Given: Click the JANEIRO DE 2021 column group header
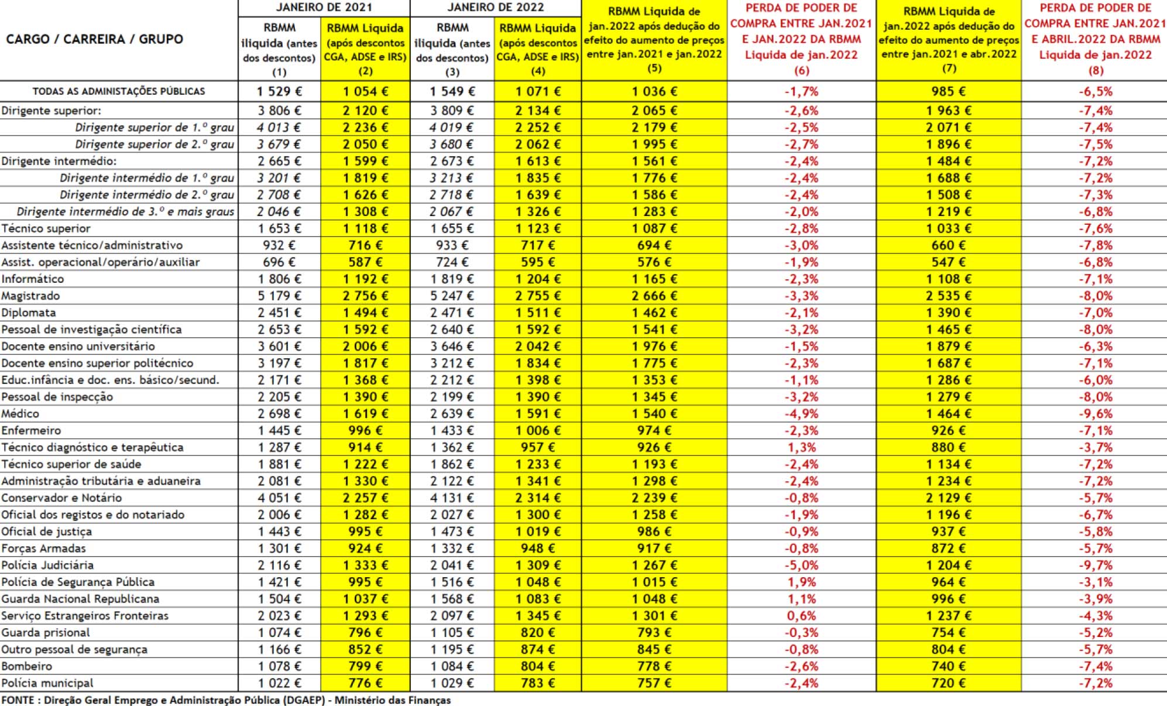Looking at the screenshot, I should [x=324, y=8].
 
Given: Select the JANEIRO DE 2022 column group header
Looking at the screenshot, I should [x=496, y=8].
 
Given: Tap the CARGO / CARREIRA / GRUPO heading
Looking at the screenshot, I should [x=94, y=39].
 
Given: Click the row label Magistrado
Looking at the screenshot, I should [x=30, y=296].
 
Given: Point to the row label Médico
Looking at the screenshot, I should [x=20, y=414].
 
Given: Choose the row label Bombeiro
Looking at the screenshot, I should [x=26, y=667].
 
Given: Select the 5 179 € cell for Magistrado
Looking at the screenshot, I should [x=279, y=296].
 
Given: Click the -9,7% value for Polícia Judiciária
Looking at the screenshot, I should [x=1096, y=566].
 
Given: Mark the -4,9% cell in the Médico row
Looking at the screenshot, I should [x=801, y=414].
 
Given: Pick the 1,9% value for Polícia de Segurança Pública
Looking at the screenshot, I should [x=801, y=582].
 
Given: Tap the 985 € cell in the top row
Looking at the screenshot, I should [x=948, y=91].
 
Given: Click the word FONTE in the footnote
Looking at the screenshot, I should [x=18, y=700].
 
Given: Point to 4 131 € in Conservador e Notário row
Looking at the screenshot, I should [x=452, y=498].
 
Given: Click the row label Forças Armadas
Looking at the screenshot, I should [x=43, y=549].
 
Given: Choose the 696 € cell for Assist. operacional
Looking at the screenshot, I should [x=279, y=262].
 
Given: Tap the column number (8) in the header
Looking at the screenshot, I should [x=1096, y=70].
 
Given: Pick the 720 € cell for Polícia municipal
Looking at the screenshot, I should [x=948, y=683].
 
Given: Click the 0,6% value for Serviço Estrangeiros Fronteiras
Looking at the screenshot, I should [x=801, y=616].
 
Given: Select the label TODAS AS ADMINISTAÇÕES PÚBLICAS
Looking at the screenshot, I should [x=119, y=91].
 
